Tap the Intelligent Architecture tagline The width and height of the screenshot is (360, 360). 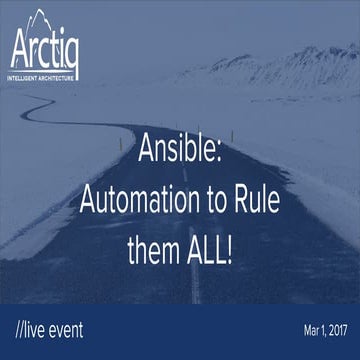click(44, 73)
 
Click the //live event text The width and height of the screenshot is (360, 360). click(49, 328)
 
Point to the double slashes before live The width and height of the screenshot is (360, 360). click(22, 328)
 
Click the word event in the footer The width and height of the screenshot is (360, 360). click(66, 328)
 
